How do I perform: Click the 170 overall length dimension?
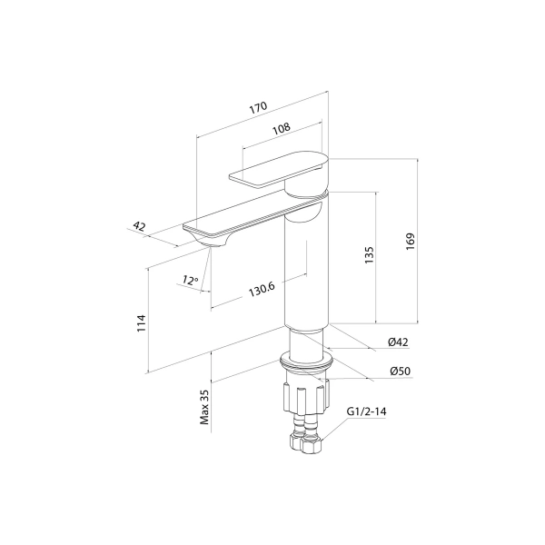pyautogui.click(x=258, y=108)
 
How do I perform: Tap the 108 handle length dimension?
pyautogui.click(x=281, y=129)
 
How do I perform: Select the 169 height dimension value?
pyautogui.click(x=411, y=242)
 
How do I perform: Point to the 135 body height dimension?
pyautogui.click(x=369, y=254)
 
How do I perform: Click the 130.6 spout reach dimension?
pyautogui.click(x=262, y=289)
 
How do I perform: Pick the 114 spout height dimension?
pyautogui.click(x=141, y=322)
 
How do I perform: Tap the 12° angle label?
pyautogui.click(x=190, y=280)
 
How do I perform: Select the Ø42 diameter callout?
pyautogui.click(x=399, y=342)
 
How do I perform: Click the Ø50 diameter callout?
pyautogui.click(x=400, y=372)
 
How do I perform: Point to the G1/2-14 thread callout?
pyautogui.click(x=366, y=411)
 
